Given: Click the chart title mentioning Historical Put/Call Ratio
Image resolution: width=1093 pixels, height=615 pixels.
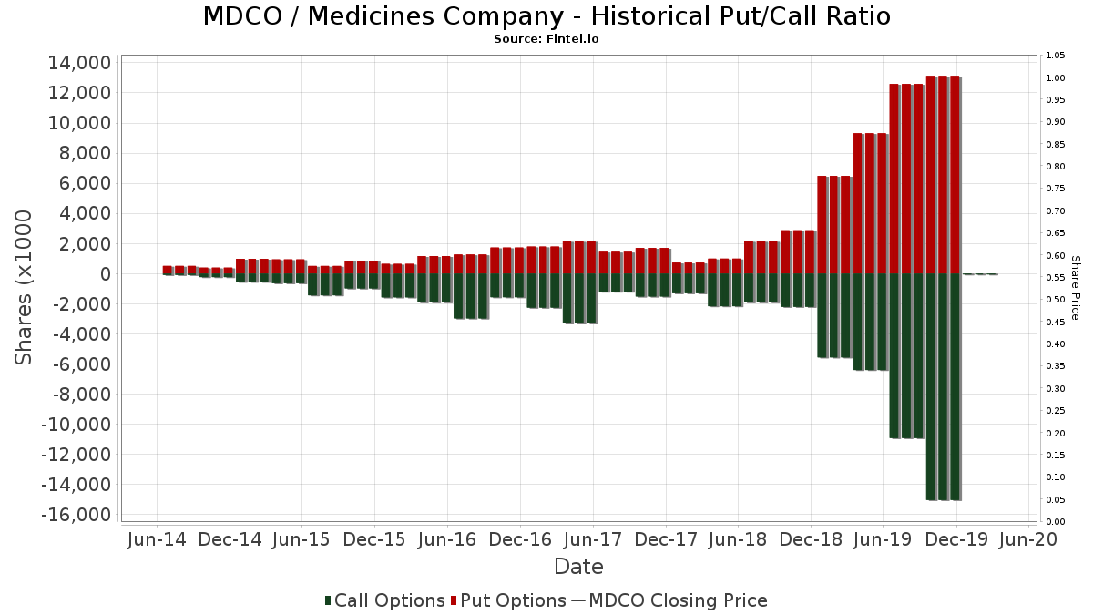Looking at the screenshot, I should click(546, 16).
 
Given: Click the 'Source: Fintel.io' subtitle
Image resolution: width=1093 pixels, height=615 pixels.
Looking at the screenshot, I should click(546, 39).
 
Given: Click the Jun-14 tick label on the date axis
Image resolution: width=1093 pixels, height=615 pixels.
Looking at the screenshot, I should click(157, 539).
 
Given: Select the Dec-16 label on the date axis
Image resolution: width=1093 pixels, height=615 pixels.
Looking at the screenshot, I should click(520, 539).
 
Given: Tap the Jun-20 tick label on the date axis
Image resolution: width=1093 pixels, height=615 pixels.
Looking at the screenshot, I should click(1029, 539).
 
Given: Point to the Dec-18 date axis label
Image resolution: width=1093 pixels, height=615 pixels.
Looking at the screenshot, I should click(811, 539).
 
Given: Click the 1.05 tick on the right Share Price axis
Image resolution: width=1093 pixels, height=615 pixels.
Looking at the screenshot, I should click(1056, 56).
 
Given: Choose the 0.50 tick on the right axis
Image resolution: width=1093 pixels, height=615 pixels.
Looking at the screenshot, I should click(1056, 300).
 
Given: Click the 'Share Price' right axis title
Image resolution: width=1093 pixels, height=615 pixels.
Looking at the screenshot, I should click(1075, 287).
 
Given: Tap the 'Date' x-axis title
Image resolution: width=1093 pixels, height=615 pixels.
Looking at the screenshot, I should click(578, 567).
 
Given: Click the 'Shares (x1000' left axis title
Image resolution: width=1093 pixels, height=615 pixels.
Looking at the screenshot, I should click(25, 287).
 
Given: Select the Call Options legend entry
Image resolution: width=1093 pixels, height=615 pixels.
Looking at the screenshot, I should click(384, 601).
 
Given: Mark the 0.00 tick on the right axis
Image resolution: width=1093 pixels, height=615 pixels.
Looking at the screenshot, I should click(1056, 521).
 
